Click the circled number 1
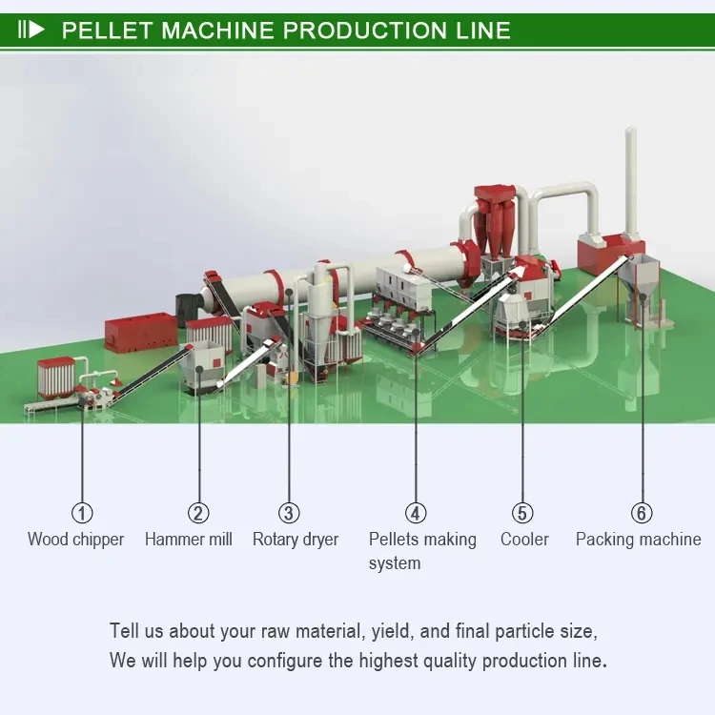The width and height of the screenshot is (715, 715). pos(83,513)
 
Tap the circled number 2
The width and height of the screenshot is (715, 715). pos(198,513)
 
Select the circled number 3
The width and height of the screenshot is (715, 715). pos(290,513)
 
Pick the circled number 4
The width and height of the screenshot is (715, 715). pos(416,513)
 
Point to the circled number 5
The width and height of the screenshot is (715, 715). pos(522,513)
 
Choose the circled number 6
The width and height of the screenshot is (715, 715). pos(642,513)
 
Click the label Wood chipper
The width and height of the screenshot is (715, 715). pos(75,540)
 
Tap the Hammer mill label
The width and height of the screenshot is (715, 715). pos(189,540)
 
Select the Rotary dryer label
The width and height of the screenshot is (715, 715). pos(296,540)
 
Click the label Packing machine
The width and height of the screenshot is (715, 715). pos(638,540)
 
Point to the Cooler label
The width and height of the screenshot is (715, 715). pos(524,540)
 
